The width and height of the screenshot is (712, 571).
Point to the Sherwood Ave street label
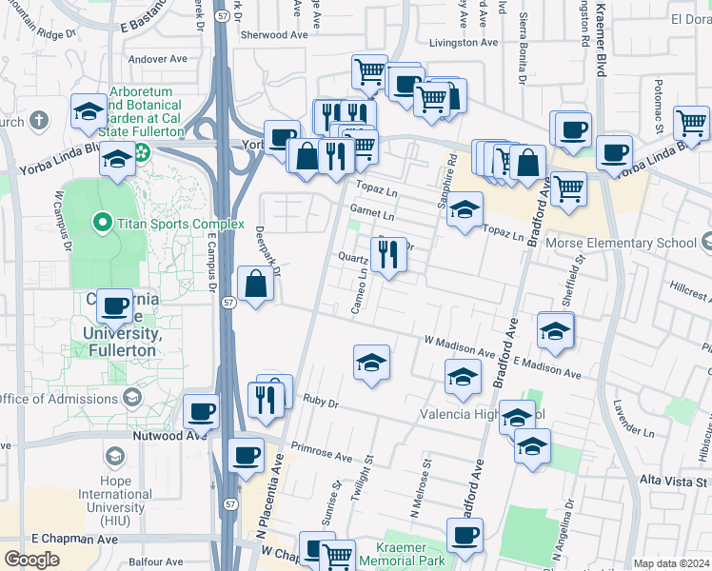[x=277, y=34]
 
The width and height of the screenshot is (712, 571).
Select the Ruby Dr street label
[x=321, y=402]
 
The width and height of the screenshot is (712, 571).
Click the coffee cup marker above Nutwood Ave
[x=201, y=411]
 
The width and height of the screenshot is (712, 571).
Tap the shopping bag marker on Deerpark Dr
[x=255, y=284]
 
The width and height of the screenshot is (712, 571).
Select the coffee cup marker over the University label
[x=114, y=305]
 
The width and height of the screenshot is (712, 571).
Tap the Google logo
[x=31, y=560]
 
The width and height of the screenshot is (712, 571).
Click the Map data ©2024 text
[x=671, y=563]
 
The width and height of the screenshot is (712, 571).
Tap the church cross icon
[x=38, y=121]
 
